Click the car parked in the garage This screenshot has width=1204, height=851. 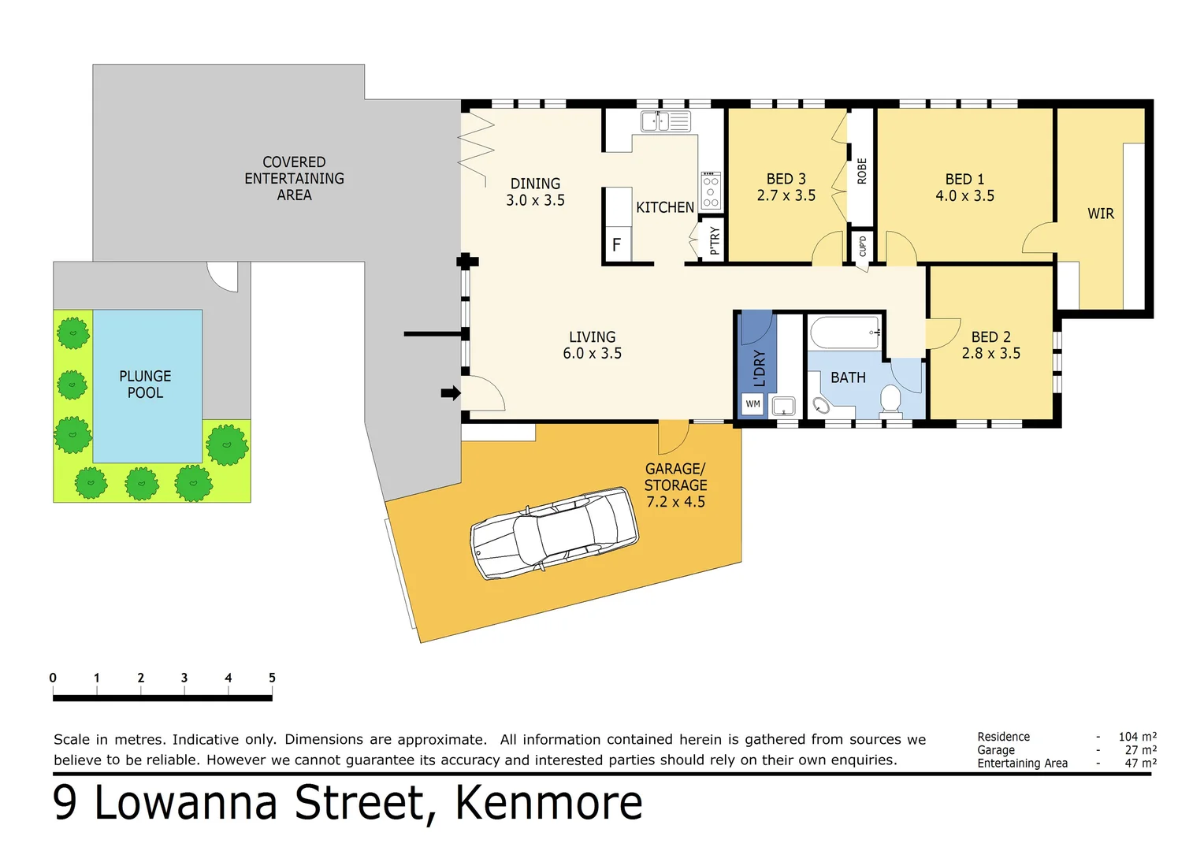[554, 533]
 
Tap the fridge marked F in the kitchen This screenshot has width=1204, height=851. [616, 244]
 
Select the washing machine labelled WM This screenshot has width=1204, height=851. [753, 404]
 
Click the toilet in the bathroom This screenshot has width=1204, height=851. [890, 399]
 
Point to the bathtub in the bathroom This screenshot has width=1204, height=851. [845, 333]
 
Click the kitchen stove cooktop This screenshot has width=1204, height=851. [711, 191]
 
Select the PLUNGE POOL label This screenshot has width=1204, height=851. [145, 385]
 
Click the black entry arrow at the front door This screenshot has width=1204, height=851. [450, 393]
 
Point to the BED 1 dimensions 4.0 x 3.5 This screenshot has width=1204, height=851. [964, 196]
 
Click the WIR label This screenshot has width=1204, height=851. [1100, 214]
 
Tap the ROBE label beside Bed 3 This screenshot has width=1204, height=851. [861, 171]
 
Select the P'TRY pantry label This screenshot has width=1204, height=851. [715, 240]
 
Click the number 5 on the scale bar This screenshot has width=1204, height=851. [272, 678]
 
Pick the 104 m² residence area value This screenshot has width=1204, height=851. [1137, 737]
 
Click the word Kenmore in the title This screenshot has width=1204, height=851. [548, 803]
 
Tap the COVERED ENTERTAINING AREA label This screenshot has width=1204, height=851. [294, 179]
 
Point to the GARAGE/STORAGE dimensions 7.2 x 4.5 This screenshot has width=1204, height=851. [675, 502]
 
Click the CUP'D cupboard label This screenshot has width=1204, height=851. [862, 246]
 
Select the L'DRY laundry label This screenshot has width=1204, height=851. [759, 368]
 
